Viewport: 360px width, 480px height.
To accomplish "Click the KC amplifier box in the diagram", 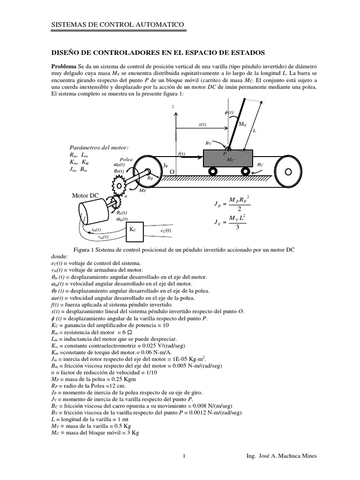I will [133, 230].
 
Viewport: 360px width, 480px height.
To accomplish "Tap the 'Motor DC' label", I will [85, 195].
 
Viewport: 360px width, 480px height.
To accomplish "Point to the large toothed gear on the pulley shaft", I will [119, 187].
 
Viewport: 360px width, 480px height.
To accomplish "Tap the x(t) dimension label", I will [202, 124].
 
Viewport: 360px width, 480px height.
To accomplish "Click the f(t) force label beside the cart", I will [182, 153].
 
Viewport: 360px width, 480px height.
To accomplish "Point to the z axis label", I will [173, 106].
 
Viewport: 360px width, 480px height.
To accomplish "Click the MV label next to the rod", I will [242, 124].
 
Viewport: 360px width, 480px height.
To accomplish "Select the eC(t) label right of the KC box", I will [165, 231].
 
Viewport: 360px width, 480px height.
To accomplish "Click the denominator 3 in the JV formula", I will [238, 228].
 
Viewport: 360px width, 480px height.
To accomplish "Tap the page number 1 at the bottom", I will [184, 456].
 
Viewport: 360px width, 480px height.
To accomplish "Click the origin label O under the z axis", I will [172, 172].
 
